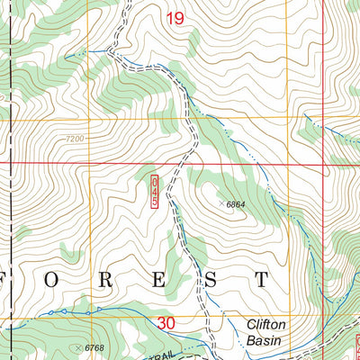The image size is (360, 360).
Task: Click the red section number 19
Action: pos(175,18)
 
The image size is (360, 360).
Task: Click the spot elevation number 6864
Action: pos(237,205)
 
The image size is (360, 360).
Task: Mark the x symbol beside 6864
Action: pos(221,204)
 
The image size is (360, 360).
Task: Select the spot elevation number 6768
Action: pos(96,347)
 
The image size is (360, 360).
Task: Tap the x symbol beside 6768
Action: pos(80,346)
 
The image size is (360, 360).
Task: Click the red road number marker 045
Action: pos(154,193)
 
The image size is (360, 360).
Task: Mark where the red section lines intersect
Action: pos(325,164)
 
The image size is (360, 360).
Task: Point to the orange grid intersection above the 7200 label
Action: pos(88,119)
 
